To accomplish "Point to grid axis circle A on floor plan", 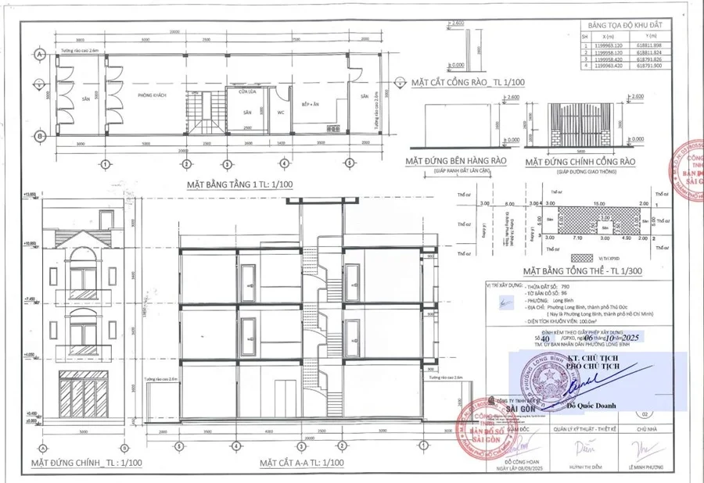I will (x=38, y=54).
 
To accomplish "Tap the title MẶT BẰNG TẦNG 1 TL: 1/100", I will (x=240, y=184).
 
